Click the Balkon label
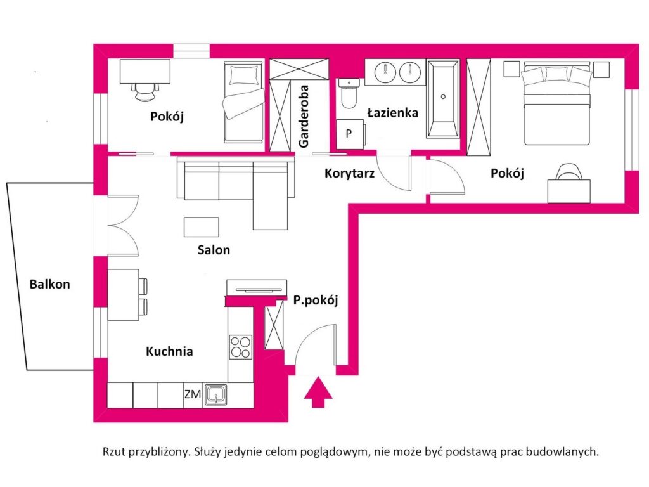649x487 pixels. [x=49, y=285]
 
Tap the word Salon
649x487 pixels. [x=213, y=250]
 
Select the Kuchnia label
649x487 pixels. [x=169, y=351]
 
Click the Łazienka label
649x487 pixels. [x=393, y=113]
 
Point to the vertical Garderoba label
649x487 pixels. [x=304, y=117]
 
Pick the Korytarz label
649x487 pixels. [x=350, y=172]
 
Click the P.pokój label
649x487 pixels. [x=315, y=301]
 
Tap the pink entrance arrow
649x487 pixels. [x=318, y=392]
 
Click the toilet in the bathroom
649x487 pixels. [x=349, y=94]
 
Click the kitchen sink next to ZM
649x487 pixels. [x=216, y=395]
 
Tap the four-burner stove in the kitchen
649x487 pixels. [x=240, y=347]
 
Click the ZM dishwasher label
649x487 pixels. [x=192, y=394]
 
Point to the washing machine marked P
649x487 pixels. [x=349, y=134]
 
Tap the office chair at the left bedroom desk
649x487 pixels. [x=146, y=91]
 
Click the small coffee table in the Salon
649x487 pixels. [x=202, y=226]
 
